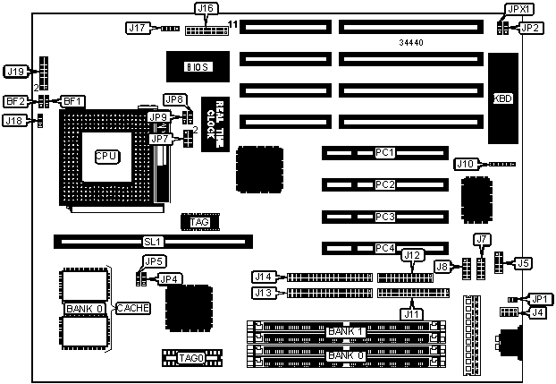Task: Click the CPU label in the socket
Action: [105, 156]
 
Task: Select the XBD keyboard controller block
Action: [503, 98]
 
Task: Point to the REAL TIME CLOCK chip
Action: [211, 120]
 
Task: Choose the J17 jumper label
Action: [137, 28]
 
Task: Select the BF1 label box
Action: [72, 101]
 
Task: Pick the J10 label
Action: [466, 164]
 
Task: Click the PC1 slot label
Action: [384, 153]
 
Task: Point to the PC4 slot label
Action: [384, 248]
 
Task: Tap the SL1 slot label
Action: [152, 241]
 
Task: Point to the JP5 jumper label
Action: [154, 261]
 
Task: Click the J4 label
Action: [537, 312]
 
